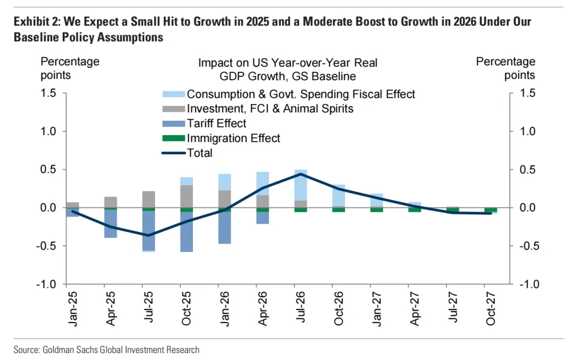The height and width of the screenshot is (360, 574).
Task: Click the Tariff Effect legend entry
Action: [216, 123]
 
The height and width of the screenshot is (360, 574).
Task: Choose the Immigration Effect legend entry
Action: [233, 138]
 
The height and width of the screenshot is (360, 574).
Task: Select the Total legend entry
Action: [199, 153]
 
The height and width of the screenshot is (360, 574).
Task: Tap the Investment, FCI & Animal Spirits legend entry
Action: [270, 108]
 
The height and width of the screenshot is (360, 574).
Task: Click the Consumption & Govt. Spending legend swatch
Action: [173, 94]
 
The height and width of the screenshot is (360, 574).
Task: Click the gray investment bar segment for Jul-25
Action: [149, 199]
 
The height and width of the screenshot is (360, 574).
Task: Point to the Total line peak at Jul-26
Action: [301, 174]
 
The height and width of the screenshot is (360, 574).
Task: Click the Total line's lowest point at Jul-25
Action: [149, 235]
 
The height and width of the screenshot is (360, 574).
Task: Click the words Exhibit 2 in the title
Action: [35, 22]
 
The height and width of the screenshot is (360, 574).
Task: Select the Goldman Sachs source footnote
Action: [106, 349]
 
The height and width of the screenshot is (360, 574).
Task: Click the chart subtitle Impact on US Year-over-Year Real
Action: [288, 62]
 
